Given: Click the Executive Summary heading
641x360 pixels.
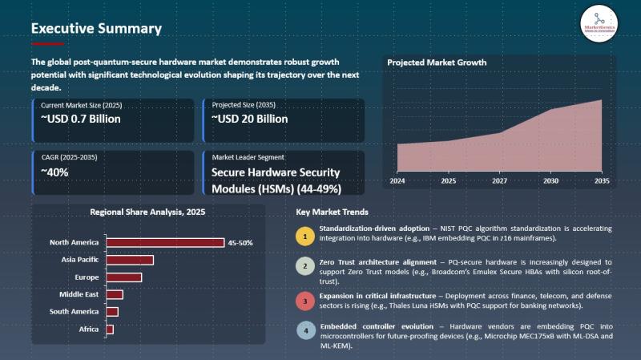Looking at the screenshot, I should pyautogui.click(x=96, y=28).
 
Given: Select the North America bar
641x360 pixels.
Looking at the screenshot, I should pyautogui.click(x=165, y=242).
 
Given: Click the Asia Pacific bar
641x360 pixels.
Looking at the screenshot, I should pyautogui.click(x=129, y=260).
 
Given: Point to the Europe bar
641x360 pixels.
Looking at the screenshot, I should pyautogui.click(x=123, y=277).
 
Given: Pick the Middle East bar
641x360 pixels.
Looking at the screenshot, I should pyautogui.click(x=115, y=294).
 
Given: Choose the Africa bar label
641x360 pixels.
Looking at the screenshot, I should pyautogui.click(x=89, y=329).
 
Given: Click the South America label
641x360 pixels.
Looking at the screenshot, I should pyautogui.click(x=74, y=311).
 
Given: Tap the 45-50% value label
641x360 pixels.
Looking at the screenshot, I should pyautogui.click(x=240, y=242).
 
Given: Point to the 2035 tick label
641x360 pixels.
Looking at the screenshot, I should pyautogui.click(x=602, y=181).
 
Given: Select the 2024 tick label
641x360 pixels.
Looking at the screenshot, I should pyautogui.click(x=397, y=181).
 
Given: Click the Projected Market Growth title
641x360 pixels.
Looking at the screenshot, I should pyautogui.click(x=437, y=63).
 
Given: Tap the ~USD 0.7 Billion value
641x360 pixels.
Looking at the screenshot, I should pyautogui.click(x=81, y=119).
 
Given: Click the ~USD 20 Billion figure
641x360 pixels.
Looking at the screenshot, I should pyautogui.click(x=250, y=119).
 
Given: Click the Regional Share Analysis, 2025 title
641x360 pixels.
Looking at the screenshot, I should pyautogui.click(x=148, y=212).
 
